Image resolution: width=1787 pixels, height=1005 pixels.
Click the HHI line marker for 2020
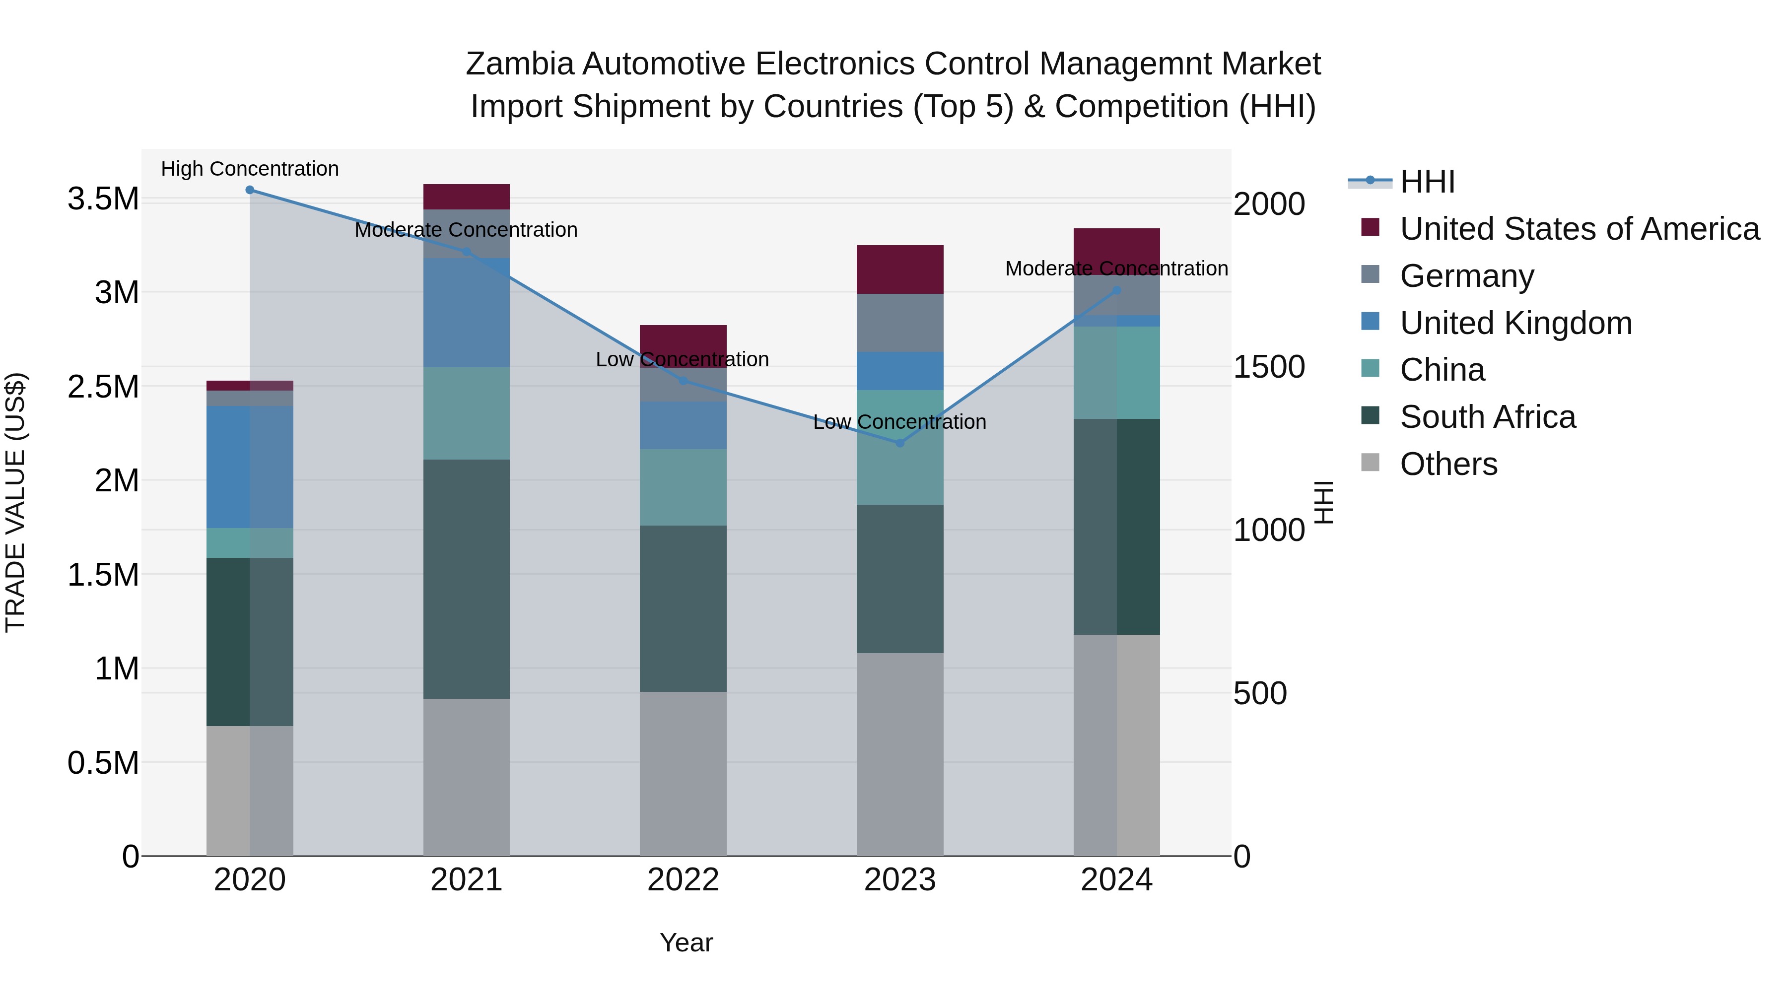(250, 190)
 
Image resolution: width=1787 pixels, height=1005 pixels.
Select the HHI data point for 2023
(900, 443)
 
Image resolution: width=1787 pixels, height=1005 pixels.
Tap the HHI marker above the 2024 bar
(1116, 291)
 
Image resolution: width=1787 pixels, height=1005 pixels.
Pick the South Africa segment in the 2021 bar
(466, 579)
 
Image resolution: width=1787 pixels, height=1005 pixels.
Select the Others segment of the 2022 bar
(683, 773)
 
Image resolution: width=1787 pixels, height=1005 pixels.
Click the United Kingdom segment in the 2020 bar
(250, 467)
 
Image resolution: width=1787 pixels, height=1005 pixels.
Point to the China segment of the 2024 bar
(1116, 372)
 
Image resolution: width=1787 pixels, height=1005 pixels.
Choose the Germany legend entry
(1466, 276)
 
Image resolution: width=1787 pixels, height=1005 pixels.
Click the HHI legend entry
(1427, 182)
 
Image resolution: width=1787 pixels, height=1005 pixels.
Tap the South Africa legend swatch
(1370, 416)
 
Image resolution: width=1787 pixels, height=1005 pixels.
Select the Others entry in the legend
(1448, 464)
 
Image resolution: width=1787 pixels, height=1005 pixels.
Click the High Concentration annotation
(250, 169)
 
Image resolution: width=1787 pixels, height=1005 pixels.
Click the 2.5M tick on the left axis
(103, 386)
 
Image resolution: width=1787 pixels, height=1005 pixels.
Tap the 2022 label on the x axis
(683, 880)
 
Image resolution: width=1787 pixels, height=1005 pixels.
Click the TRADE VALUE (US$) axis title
(15, 502)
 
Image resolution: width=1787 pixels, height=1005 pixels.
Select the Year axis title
(686, 942)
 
